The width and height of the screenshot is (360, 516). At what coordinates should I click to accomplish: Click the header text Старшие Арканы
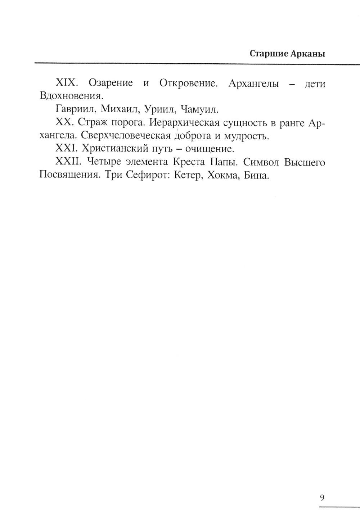tap(287, 54)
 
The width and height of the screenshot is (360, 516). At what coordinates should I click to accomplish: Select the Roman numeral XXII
tap(69, 162)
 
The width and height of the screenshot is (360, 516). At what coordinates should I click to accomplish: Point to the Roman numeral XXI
tap(67, 149)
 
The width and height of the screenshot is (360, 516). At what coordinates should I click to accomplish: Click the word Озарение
tap(111, 83)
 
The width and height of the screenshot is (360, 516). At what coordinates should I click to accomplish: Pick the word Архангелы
tap(253, 83)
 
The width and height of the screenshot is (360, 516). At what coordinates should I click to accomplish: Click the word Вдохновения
tap(71, 96)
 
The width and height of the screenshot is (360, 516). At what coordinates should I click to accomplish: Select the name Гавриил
tap(76, 109)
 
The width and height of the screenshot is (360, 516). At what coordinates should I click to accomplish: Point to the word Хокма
tap(219, 176)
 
